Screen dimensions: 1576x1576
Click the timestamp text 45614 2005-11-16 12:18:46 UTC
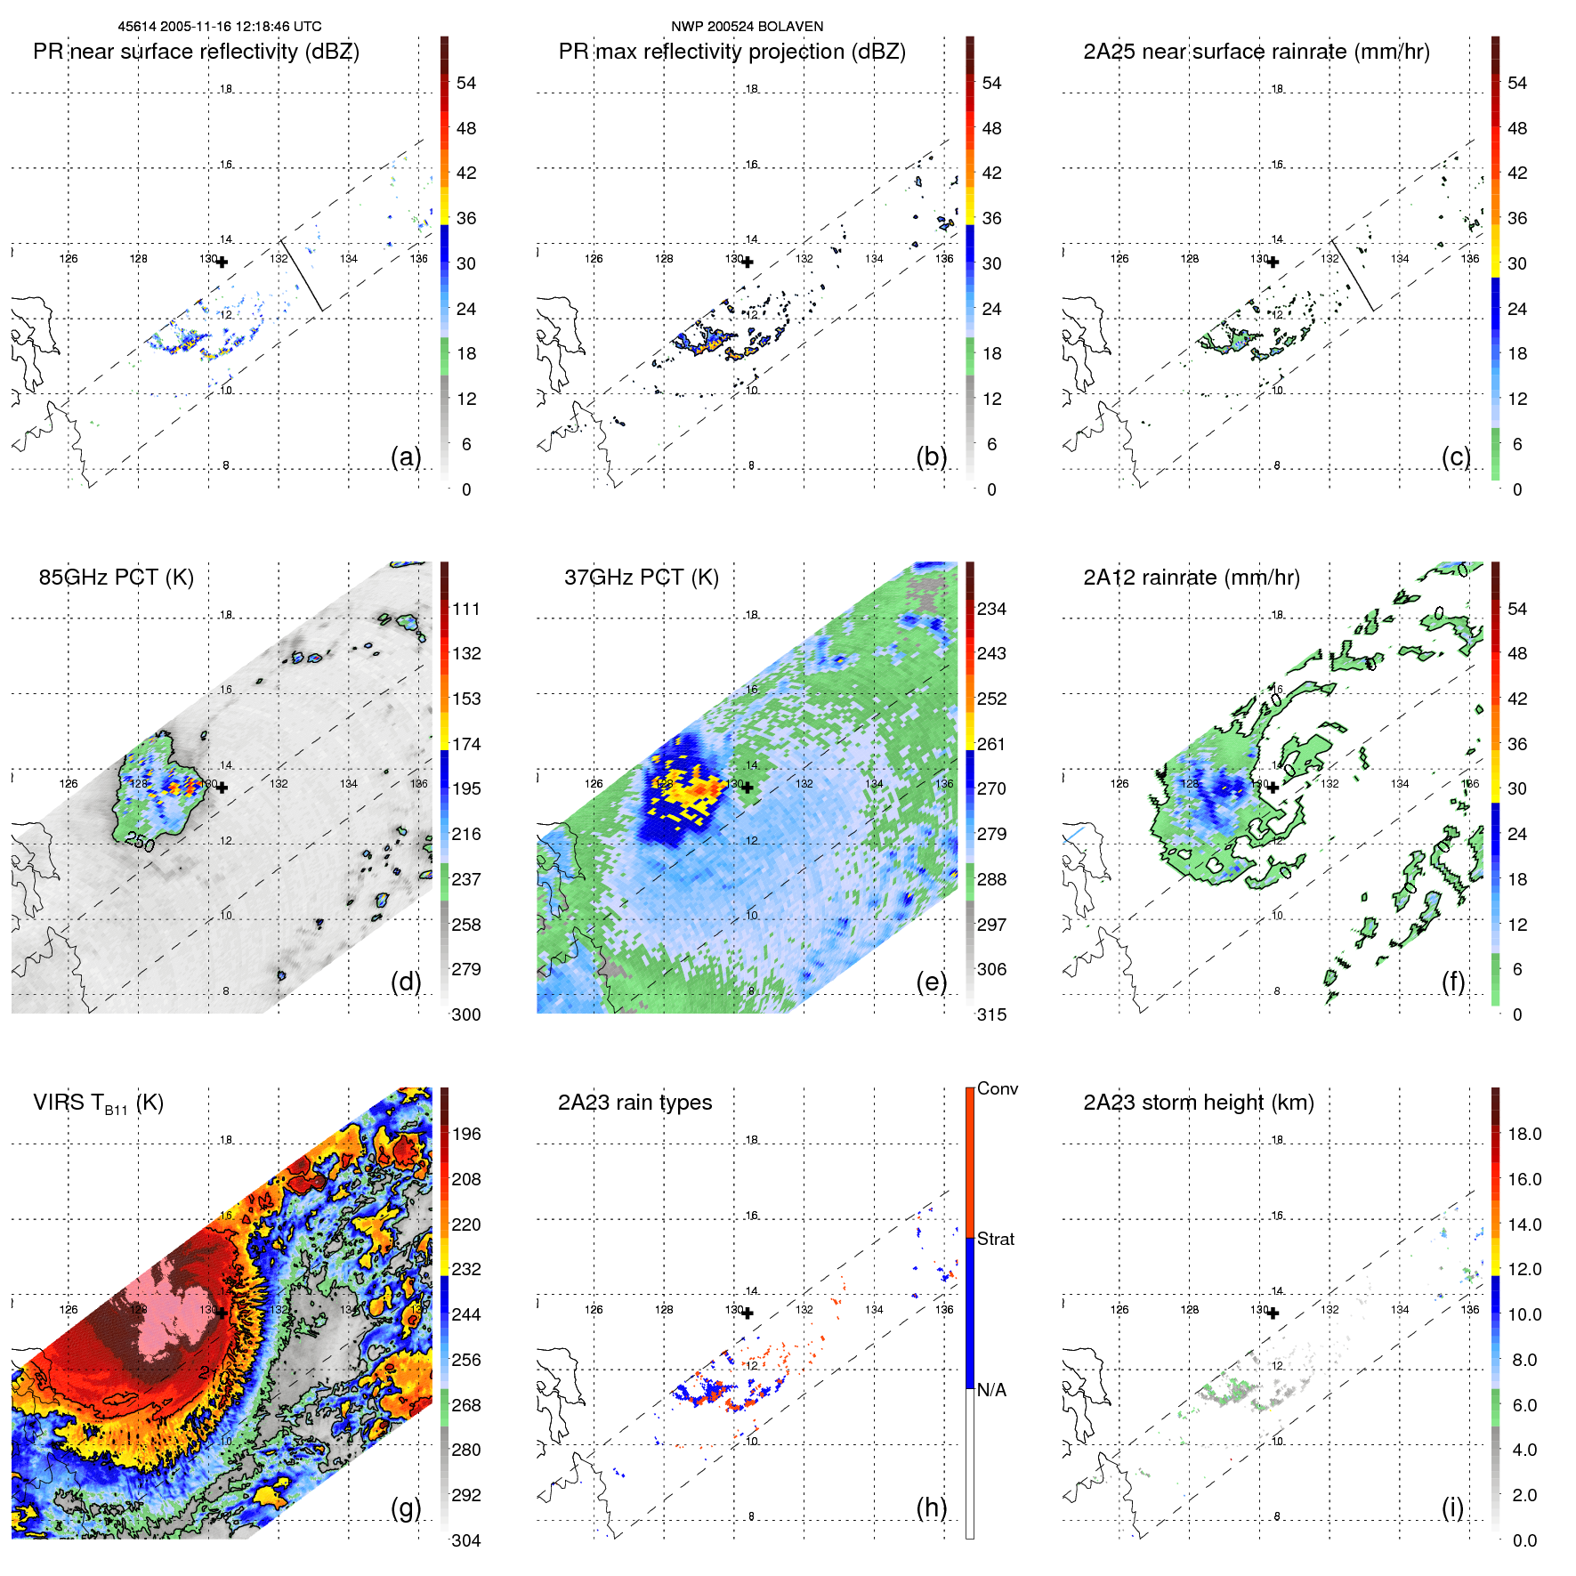[220, 27]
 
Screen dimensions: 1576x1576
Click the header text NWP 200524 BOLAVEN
[747, 27]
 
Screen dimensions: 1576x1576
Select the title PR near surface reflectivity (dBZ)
[196, 52]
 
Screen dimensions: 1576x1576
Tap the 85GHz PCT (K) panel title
[116, 578]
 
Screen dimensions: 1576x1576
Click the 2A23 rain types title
[634, 1103]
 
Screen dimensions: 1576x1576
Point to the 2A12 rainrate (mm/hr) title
[1191, 578]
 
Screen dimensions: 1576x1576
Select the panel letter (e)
[931, 982]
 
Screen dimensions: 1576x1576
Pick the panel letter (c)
[1456, 457]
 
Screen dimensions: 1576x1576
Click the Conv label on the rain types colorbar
[997, 1088]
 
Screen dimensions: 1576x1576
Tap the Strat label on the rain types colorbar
[995, 1239]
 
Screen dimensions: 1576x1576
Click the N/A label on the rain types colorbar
[991, 1390]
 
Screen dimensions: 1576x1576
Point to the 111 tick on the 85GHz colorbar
[466, 609]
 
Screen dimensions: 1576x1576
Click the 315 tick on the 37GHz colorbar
[991, 1014]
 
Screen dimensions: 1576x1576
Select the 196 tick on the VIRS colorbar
[466, 1134]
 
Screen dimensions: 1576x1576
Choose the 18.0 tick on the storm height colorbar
[1523, 1134]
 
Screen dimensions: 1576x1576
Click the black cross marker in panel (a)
[222, 262]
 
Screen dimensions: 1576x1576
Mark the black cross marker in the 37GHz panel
[748, 788]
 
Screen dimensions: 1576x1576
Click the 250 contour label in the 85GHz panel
[140, 842]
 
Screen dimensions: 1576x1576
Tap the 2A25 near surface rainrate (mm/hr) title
[1256, 52]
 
